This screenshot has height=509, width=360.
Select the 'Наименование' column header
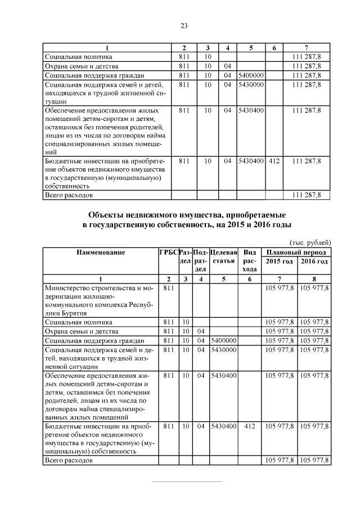tap(100, 253)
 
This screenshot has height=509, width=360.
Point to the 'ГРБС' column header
tap(168, 253)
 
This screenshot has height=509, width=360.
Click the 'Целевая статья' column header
tap(223, 257)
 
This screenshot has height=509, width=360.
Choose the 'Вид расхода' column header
tap(250, 261)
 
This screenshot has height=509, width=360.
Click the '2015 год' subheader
tap(279, 262)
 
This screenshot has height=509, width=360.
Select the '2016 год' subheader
tap(314, 262)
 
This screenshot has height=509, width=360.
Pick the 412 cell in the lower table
tap(250, 427)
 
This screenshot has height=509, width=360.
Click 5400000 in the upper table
tap(251, 75)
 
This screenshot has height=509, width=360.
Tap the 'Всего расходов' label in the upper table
tap(69, 195)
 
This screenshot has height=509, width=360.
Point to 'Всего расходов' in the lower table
tap(69, 461)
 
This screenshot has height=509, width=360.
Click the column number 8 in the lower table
tap(314, 279)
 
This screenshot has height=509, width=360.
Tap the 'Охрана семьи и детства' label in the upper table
tap(82, 66)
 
